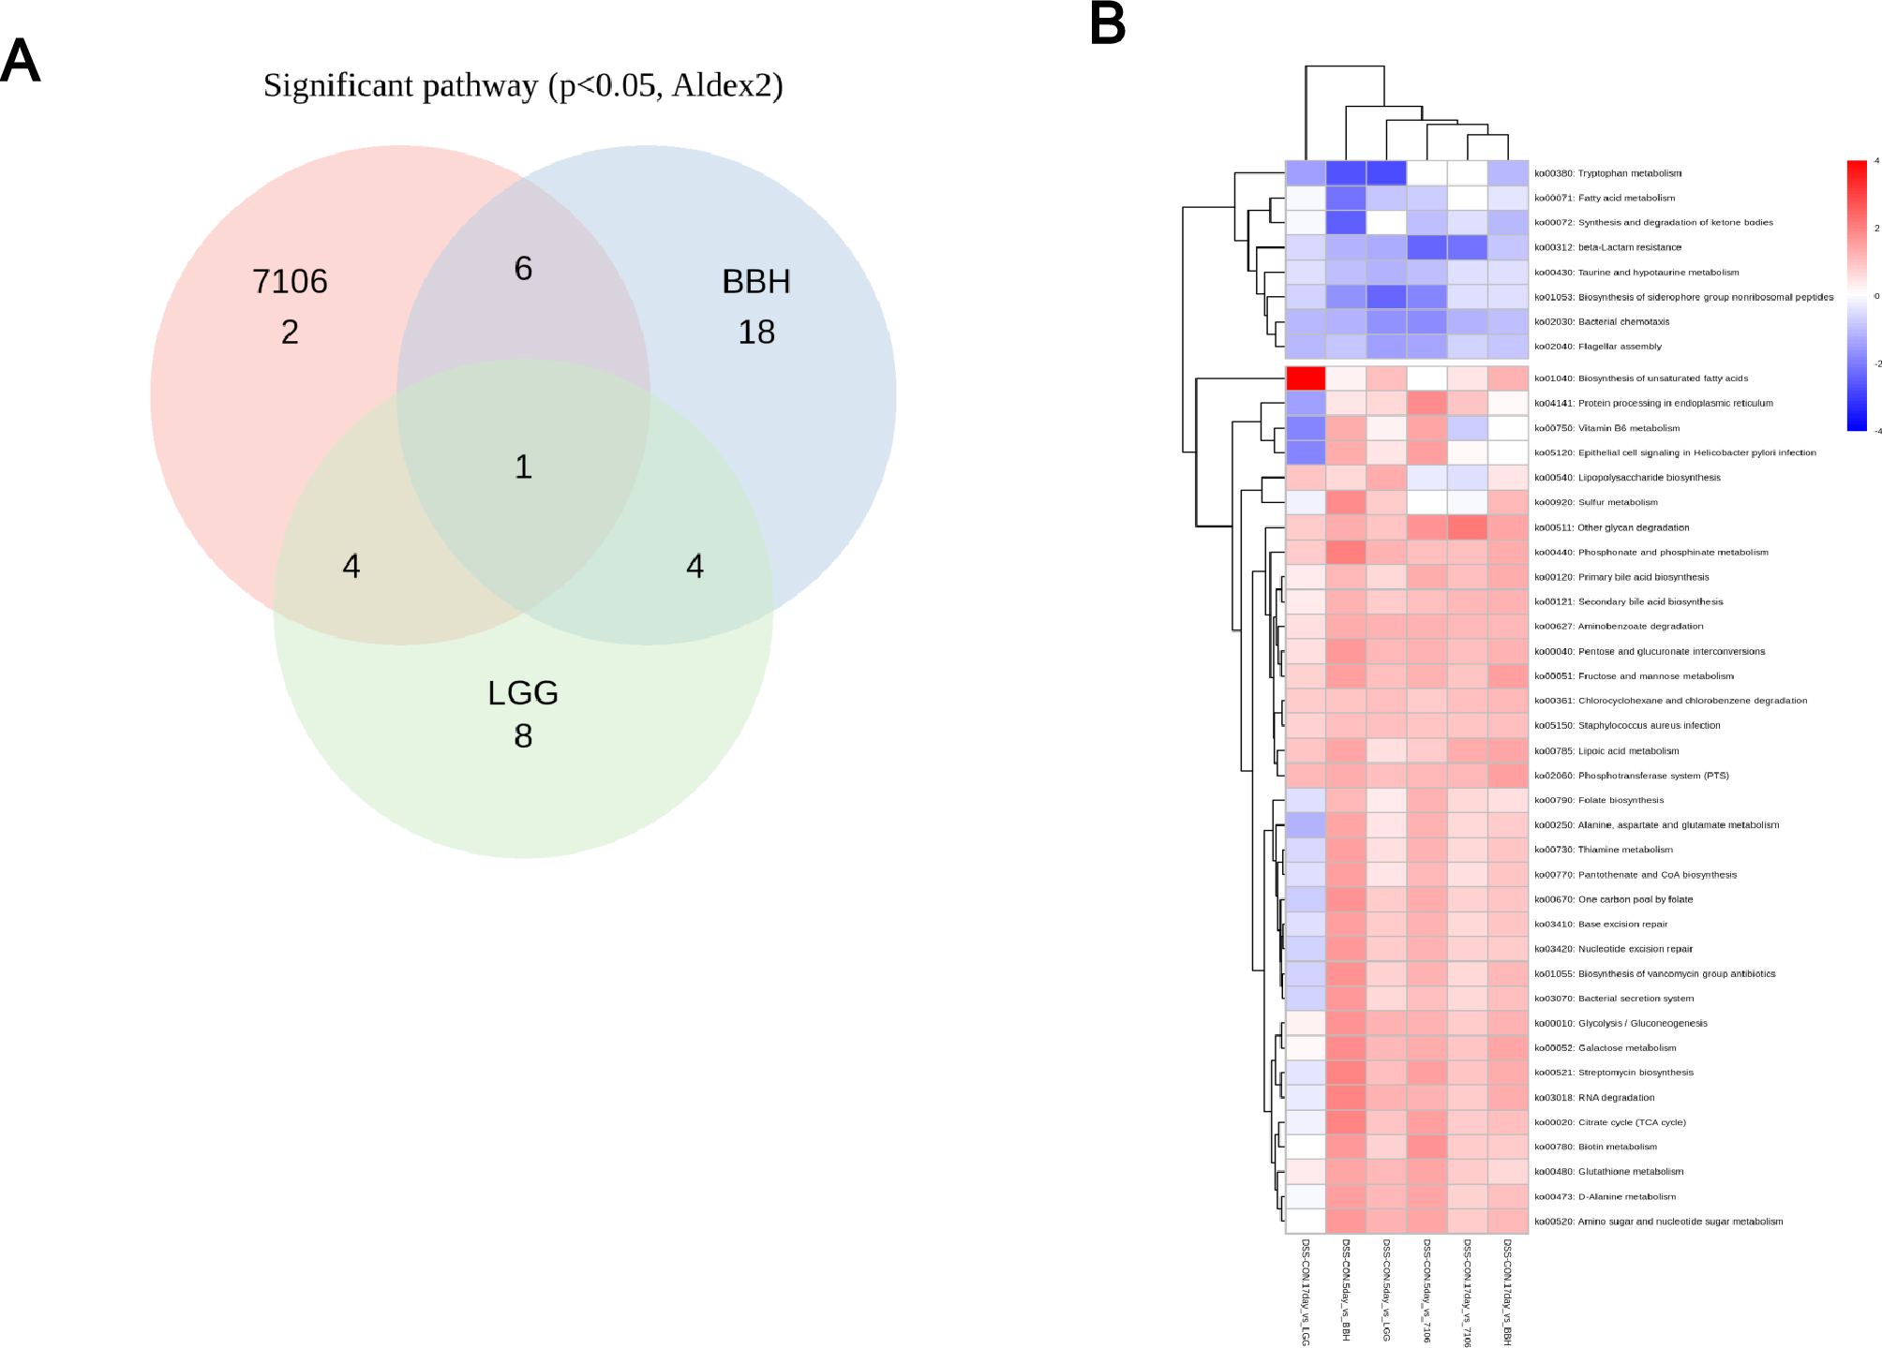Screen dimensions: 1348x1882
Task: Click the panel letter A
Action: tap(21, 62)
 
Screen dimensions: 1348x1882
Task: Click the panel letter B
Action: tap(1107, 23)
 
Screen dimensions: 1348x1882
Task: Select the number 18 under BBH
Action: tap(756, 333)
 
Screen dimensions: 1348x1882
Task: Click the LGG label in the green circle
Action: tap(523, 693)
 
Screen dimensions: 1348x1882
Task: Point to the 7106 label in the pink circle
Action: tap(290, 282)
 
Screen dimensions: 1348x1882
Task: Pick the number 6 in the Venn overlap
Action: tap(523, 269)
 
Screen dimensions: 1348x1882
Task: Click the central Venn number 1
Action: tap(523, 467)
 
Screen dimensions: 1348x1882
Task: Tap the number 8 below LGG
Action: tap(523, 736)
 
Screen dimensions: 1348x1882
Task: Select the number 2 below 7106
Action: tap(290, 333)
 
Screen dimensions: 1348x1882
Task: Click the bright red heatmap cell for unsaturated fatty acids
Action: tap(1305, 378)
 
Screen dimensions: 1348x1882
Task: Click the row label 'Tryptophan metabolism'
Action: tap(1607, 173)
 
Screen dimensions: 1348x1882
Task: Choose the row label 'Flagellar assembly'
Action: tap(1597, 347)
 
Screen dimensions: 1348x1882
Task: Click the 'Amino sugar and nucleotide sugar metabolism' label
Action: tap(1658, 1222)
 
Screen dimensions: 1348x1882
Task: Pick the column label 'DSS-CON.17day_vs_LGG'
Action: tap(1305, 1292)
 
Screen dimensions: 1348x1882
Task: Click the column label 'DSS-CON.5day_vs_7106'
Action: tap(1426, 1291)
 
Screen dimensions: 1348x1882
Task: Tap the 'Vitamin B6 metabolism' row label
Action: tap(1606, 428)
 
